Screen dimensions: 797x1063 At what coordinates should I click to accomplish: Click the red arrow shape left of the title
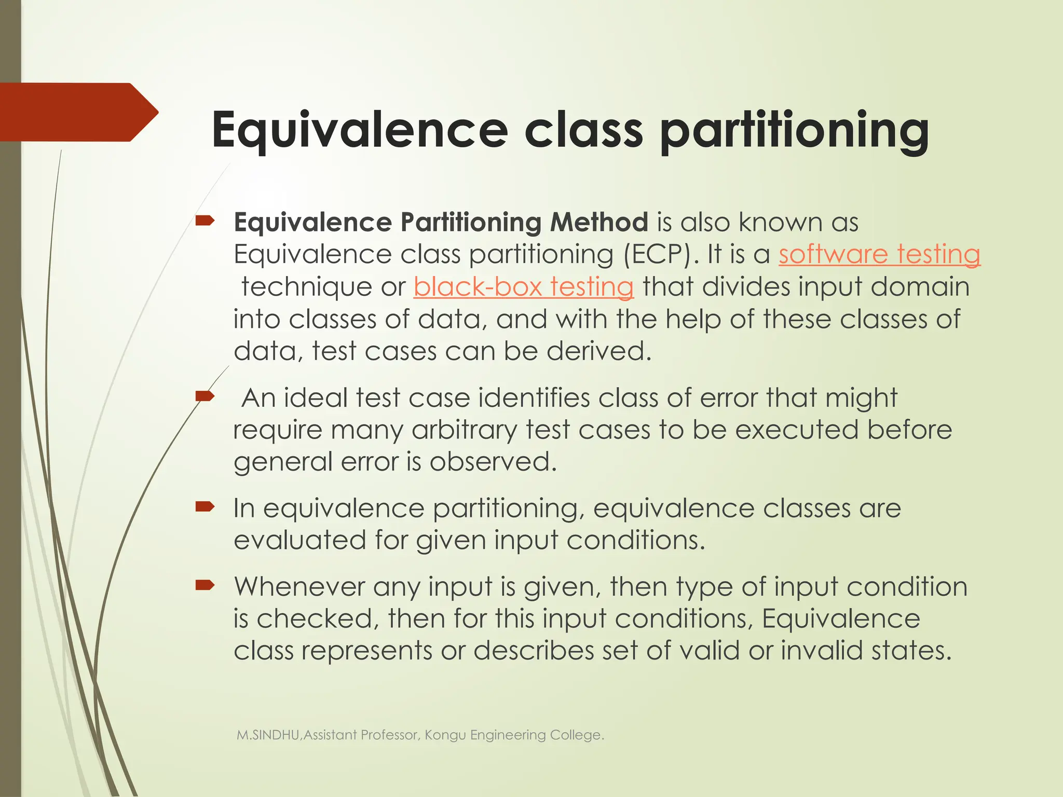78,112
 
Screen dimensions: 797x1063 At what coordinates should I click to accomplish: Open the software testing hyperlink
879,254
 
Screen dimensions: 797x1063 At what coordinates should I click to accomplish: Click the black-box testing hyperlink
523,286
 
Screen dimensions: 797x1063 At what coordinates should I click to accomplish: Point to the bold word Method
598,222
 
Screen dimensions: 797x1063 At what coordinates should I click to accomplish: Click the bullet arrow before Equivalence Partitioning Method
205,222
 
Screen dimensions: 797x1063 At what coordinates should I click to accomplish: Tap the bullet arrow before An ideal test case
205,397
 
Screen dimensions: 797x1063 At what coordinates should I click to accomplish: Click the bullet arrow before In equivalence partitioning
205,507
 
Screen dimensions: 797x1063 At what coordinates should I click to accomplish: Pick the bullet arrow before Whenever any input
205,586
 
